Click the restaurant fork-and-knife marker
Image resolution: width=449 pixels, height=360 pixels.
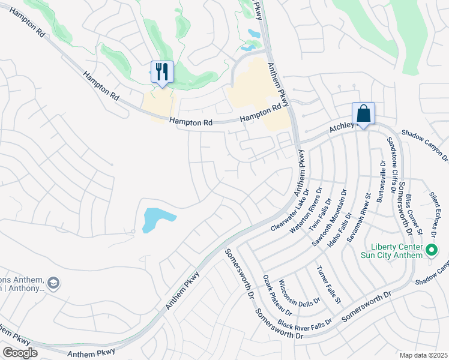[162, 73]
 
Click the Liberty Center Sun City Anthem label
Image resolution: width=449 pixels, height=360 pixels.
[396, 251]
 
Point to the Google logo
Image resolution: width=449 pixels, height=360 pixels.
[20, 353]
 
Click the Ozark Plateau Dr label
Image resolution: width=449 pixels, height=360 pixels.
[277, 295]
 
